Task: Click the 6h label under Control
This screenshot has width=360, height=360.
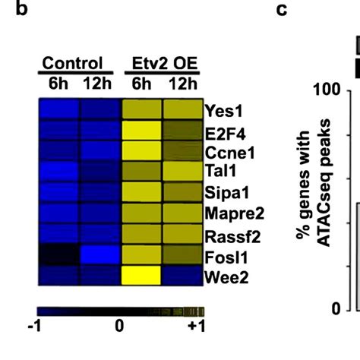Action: click(x=58, y=82)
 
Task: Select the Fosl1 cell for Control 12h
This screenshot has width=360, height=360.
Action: click(x=100, y=254)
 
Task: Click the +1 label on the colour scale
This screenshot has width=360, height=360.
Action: click(x=195, y=327)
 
